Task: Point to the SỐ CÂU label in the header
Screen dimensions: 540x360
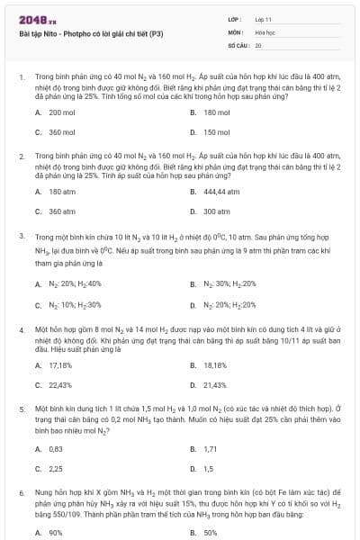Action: [238, 43]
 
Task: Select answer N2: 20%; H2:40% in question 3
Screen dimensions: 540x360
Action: [76, 284]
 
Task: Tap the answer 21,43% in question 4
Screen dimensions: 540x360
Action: [215, 385]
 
